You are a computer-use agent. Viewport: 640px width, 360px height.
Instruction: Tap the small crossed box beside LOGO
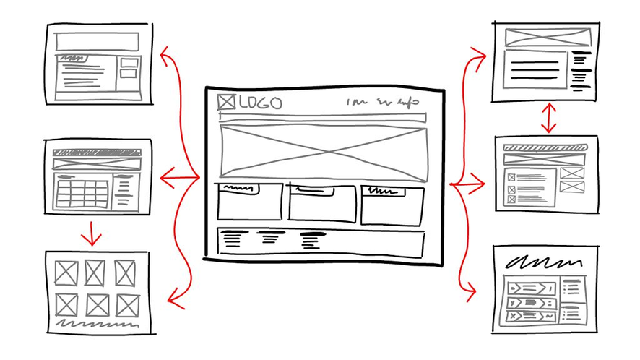(x=227, y=103)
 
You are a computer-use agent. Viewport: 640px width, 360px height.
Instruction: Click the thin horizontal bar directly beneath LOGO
(x=321, y=118)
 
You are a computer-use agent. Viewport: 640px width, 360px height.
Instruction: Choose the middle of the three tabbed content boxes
(x=321, y=203)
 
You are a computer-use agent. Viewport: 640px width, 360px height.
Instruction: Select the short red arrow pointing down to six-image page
(x=90, y=233)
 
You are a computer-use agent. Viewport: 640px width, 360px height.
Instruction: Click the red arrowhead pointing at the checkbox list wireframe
(x=482, y=184)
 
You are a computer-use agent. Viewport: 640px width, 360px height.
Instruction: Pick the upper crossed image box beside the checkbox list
(x=571, y=173)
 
